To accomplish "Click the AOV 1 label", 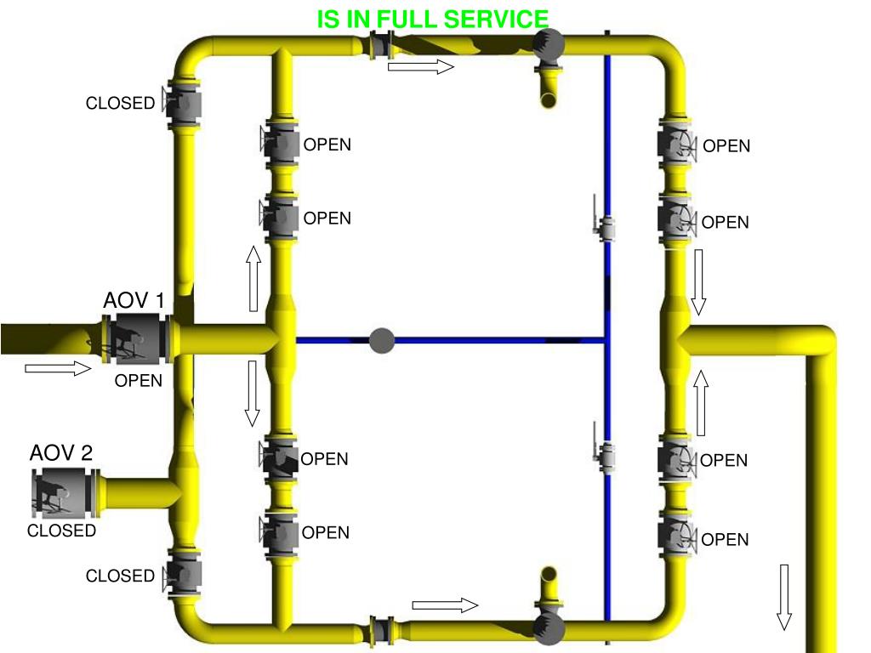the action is point(134,301).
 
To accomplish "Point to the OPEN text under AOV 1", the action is point(139,381).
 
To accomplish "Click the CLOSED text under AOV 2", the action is point(61,531).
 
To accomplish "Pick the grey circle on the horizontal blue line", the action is point(383,340).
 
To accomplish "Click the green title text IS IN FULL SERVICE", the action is point(433,20).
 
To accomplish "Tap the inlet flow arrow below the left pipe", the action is point(58,368).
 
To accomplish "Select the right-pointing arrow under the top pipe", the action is point(421,66).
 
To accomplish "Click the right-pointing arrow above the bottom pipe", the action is point(445,605).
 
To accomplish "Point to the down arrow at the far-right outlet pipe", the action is point(784,597).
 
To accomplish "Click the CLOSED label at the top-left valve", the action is point(120,104).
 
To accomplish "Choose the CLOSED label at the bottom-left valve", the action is point(120,576).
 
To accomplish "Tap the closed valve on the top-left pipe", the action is point(184,104).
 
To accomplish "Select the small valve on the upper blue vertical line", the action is point(606,227).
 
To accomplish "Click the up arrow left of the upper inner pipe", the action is point(253,278).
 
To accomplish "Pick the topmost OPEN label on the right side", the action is point(726,146).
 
